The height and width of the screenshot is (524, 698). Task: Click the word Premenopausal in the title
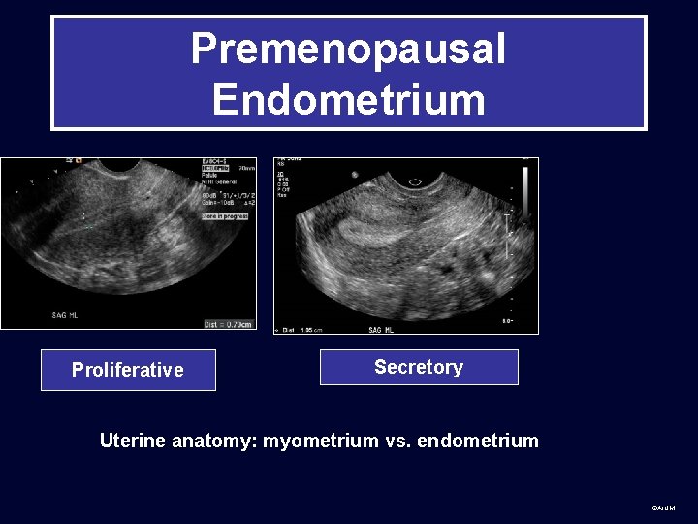coord(348,49)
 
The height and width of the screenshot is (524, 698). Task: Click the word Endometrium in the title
coord(348,99)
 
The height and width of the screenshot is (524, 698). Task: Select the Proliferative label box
coord(128,370)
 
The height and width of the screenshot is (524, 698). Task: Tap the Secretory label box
coord(419,367)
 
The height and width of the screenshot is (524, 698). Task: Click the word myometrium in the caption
coord(321,441)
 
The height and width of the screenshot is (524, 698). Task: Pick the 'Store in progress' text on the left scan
coord(225,216)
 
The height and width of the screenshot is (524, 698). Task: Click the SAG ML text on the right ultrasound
coord(382,330)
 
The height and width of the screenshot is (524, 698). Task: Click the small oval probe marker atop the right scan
coord(415,181)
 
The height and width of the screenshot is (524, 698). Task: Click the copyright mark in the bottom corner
coord(663,508)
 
